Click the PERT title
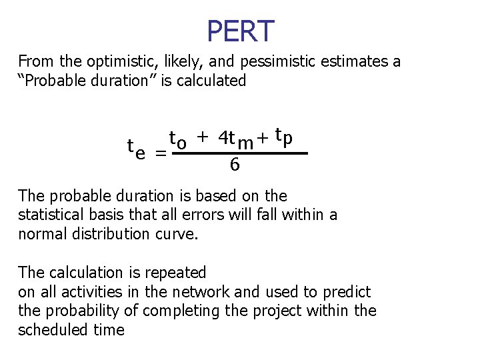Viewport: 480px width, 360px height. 240,31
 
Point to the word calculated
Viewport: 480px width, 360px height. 213,81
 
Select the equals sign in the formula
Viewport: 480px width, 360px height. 161,153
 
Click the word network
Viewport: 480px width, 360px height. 198,291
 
